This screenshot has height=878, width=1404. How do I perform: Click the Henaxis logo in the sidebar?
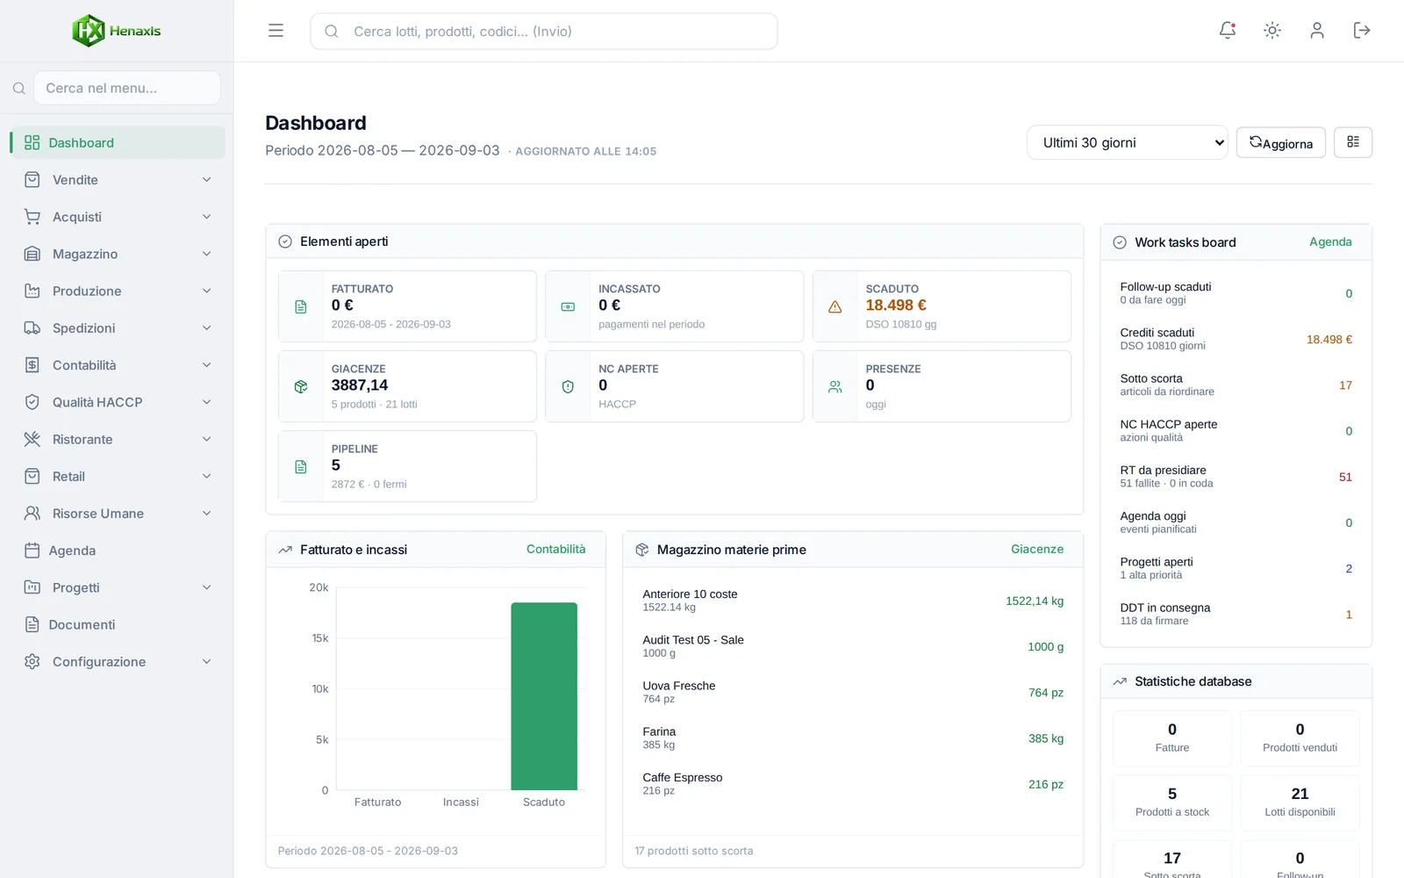pos(117,31)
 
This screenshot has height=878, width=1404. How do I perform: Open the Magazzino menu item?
pos(84,254)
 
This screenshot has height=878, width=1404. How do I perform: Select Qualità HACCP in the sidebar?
pos(97,402)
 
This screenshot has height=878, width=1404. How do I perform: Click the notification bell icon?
pos(1228,30)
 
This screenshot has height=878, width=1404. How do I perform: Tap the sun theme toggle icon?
pos(1271,30)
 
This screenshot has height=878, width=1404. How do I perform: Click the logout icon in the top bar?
pos(1361,30)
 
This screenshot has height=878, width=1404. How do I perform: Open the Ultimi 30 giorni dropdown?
pos(1127,142)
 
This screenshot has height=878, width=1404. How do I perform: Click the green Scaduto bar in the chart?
pos(544,696)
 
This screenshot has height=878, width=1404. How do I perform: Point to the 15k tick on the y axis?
pos(319,638)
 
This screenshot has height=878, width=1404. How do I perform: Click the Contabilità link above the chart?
pos(556,550)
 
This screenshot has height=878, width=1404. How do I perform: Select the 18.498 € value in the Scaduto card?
pos(896,306)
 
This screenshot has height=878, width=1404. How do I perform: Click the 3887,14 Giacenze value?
pos(360,385)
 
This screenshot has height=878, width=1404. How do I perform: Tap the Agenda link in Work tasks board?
pos(1330,242)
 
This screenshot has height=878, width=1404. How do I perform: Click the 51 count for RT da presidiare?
pos(1345,478)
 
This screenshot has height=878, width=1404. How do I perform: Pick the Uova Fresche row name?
pos(679,686)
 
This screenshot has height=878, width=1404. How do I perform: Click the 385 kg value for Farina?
pos(1045,738)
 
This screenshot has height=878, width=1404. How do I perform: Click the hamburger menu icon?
pos(276,31)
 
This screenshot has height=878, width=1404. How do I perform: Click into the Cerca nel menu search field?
pos(127,88)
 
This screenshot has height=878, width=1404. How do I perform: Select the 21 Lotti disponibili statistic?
pos(1300,801)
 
